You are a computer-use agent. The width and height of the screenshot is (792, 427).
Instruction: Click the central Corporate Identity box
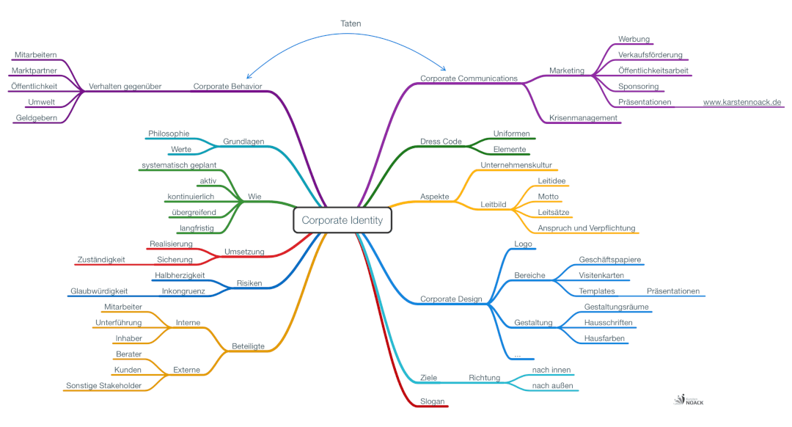click(x=342, y=219)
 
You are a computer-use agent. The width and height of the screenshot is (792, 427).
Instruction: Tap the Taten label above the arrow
click(x=351, y=23)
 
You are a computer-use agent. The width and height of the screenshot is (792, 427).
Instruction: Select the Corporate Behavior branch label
click(x=227, y=86)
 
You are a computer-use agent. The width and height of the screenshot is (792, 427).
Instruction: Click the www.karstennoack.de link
click(x=742, y=102)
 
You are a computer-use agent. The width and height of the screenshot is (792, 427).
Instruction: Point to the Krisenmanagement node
click(x=583, y=117)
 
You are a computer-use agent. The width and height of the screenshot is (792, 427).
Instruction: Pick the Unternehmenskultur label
click(x=516, y=165)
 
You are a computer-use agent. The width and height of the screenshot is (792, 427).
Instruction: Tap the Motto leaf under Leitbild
click(x=548, y=197)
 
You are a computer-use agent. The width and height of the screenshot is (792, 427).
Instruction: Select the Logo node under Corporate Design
click(x=523, y=244)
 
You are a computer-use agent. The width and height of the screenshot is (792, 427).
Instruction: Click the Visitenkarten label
click(x=601, y=275)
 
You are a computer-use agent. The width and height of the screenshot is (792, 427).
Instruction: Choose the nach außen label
click(x=551, y=386)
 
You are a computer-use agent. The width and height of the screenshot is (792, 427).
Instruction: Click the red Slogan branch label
click(x=432, y=401)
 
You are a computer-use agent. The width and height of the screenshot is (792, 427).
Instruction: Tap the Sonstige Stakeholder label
click(x=103, y=385)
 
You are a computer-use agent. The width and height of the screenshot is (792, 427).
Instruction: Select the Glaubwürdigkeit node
click(x=99, y=291)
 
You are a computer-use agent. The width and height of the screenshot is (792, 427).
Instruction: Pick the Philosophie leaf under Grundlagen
click(x=169, y=134)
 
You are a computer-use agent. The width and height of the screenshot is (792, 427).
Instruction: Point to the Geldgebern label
click(x=37, y=117)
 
